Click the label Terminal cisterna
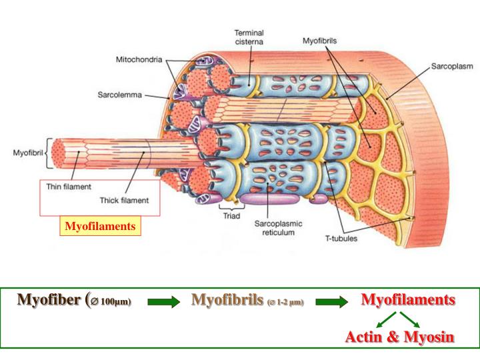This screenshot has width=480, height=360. coord(249,37)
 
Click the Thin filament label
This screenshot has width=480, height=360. coord(67,187)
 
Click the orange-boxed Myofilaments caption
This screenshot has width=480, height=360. coord(100,227)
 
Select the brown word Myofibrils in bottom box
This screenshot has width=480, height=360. coord(227,300)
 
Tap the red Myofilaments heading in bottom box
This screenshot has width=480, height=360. coord(408,300)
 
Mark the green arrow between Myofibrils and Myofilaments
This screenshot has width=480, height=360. coord(332,302)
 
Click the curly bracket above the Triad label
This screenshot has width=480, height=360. coord(230,205)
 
